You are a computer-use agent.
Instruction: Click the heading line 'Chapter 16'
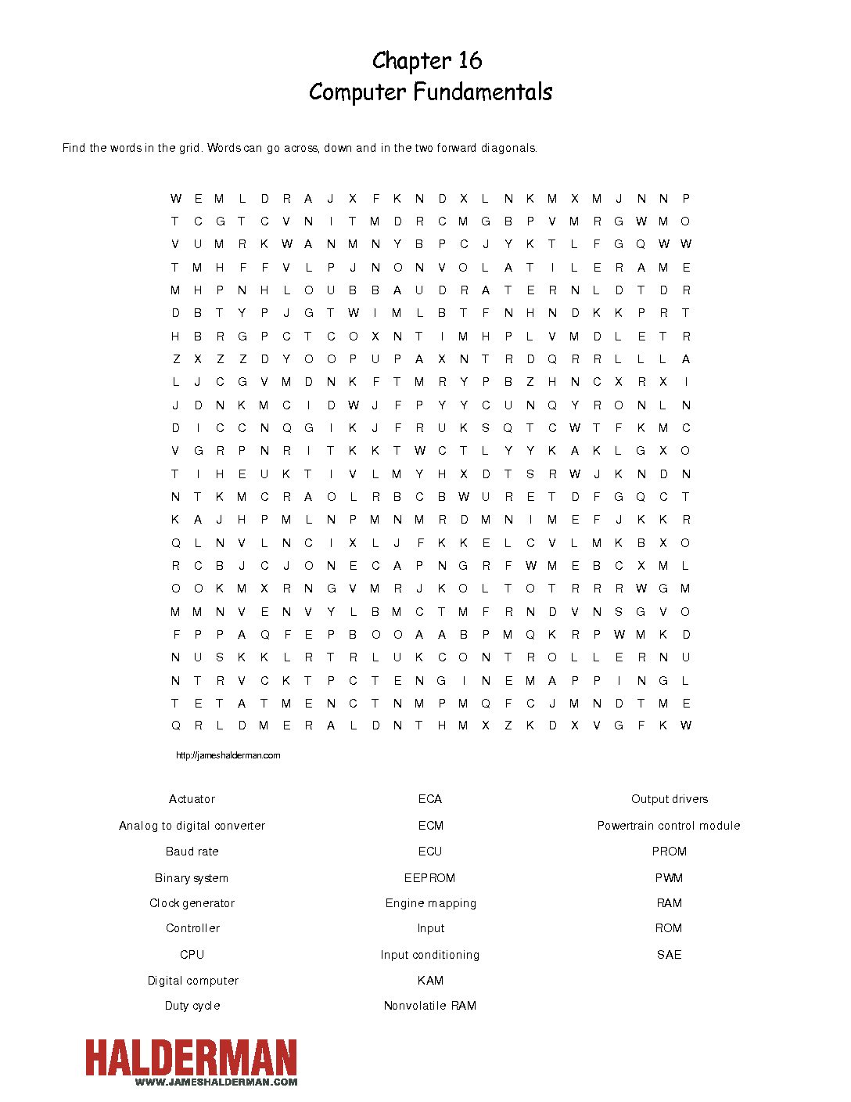coord(426,61)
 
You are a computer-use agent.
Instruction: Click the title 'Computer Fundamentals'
coord(430,92)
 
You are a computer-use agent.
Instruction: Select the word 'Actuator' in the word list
coord(192,799)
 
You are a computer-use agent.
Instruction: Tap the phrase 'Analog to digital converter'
coord(192,826)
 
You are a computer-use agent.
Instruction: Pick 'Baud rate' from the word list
coord(192,852)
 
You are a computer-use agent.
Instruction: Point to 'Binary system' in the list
coord(192,878)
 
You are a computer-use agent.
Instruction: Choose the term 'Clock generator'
coord(192,903)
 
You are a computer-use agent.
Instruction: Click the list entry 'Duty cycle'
coord(192,1006)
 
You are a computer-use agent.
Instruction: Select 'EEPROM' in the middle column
coord(429,878)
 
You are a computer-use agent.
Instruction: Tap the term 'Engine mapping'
coord(430,903)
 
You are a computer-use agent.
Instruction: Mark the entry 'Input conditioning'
coord(430,955)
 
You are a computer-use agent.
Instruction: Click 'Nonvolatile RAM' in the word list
coord(430,1006)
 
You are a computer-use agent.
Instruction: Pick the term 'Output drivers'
coord(670,799)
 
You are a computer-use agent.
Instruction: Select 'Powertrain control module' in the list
coord(669,826)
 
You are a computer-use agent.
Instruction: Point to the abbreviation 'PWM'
coord(670,878)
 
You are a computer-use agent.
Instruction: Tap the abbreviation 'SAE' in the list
coord(670,955)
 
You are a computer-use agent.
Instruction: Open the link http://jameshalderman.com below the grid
coord(228,755)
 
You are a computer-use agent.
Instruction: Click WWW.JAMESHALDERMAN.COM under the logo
coord(216,1082)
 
